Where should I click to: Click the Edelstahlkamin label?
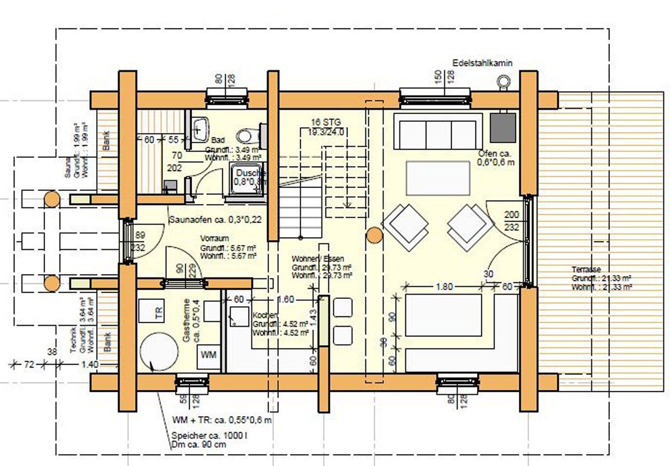tap(482, 63)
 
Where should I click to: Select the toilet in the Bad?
tap(249, 136)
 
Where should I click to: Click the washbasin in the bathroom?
tap(200, 128)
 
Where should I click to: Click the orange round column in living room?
tap(374, 236)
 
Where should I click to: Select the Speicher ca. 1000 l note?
tap(209, 436)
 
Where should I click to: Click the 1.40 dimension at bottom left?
tap(89, 365)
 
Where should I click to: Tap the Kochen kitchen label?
tap(265, 316)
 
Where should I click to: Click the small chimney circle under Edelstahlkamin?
tap(503, 80)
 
